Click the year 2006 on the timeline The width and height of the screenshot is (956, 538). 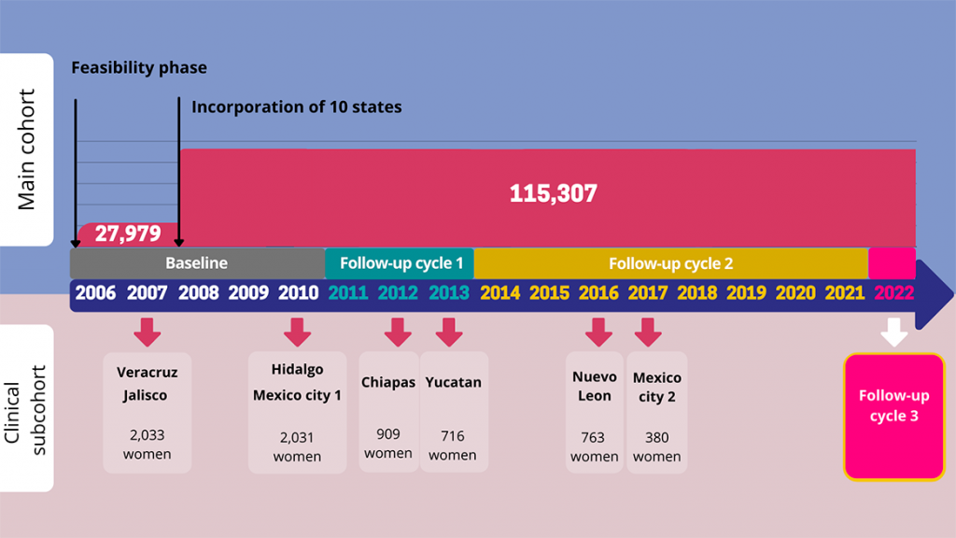coord(95,293)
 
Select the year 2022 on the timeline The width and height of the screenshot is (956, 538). coord(894,293)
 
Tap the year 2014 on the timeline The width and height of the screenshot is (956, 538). coord(499,293)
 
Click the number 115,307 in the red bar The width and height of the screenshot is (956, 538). coord(553,194)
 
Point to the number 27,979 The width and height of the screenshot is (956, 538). coord(127,234)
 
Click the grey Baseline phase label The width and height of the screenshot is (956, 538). coord(196,263)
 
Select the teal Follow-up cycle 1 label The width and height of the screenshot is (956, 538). coord(401,263)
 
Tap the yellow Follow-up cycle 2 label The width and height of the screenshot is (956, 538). coord(670,263)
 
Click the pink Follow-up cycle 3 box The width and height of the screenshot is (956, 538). coord(893,416)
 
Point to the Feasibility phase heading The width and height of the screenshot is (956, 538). coord(139,67)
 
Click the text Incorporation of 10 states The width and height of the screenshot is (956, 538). coord(296,107)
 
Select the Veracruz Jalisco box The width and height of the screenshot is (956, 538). coord(147,412)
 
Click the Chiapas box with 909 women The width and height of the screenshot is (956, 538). coord(388,411)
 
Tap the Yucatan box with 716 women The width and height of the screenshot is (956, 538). coord(453,411)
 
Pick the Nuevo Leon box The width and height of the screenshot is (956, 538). coord(595,412)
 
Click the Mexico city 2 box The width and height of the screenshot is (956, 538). coord(656,412)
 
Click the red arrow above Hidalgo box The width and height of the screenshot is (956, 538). coord(297,332)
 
